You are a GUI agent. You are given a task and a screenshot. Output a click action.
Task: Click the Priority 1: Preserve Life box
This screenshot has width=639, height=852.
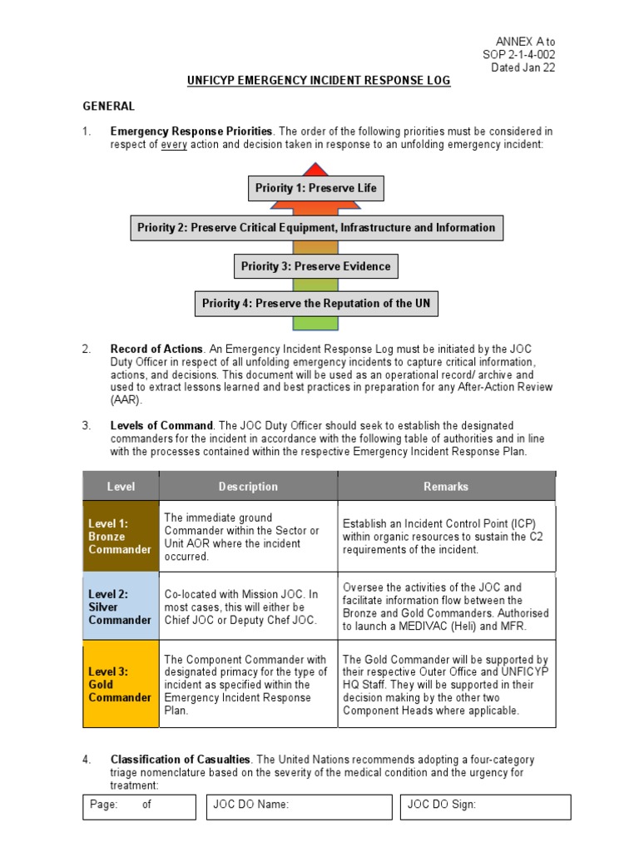point(315,188)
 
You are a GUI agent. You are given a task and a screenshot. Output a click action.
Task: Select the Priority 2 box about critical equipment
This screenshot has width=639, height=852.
point(316,227)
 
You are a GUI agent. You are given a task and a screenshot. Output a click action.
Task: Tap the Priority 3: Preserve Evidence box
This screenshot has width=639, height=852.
point(315,266)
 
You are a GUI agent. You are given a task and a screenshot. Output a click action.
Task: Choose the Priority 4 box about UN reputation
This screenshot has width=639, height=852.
point(316,304)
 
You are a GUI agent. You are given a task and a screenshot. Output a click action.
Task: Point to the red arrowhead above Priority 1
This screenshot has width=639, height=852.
point(315,169)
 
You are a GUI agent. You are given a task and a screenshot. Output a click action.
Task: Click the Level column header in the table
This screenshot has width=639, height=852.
point(121,486)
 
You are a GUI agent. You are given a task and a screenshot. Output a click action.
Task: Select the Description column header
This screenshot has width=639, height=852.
point(248,486)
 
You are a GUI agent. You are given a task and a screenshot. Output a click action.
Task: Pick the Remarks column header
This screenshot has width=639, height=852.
point(446,486)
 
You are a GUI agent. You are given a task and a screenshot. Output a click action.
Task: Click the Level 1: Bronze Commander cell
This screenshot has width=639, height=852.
point(121,536)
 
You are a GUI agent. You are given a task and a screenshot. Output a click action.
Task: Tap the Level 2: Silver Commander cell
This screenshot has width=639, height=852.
point(121,607)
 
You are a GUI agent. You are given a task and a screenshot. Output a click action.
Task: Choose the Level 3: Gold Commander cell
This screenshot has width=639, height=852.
point(121,684)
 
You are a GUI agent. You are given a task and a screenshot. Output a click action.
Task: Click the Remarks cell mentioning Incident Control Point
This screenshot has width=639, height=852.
point(446,536)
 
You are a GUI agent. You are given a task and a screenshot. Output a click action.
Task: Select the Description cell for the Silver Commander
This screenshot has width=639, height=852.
point(248,607)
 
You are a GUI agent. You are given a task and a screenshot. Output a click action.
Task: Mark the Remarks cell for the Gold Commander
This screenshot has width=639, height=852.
point(446,684)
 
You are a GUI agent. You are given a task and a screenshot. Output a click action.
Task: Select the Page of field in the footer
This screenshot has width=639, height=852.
point(139,805)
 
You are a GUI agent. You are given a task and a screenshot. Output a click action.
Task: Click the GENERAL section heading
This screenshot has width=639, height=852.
point(108,106)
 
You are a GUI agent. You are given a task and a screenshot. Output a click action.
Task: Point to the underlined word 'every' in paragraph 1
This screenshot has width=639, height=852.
point(172,144)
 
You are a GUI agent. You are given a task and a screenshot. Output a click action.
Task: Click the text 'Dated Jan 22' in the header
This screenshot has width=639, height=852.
point(523,67)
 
